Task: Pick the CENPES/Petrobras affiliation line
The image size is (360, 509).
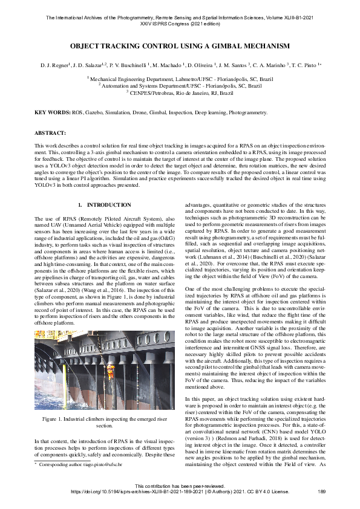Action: pyautogui.click(x=180, y=94)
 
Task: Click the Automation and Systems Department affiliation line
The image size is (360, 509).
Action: pyautogui.click(x=180, y=86)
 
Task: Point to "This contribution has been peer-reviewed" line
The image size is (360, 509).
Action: pyautogui.click(x=180, y=486)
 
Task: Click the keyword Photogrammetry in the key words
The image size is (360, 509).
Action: pyautogui.click(x=245, y=112)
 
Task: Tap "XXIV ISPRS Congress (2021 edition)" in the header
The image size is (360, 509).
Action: pyautogui.click(x=180, y=13)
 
